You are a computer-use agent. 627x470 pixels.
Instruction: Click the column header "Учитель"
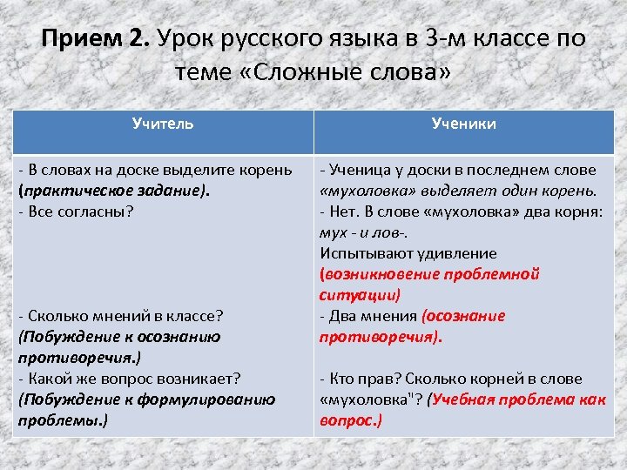[163, 124]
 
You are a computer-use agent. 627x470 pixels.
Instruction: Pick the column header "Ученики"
[464, 124]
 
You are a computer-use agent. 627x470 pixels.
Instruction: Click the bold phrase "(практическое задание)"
[114, 190]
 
